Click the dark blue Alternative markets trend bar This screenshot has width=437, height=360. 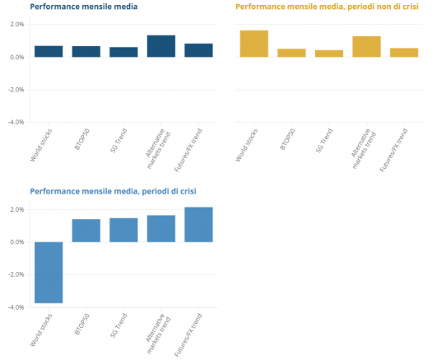pyautogui.click(x=161, y=46)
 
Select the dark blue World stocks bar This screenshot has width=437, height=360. pyautogui.click(x=49, y=51)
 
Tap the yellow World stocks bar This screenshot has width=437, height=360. pyautogui.click(x=254, y=44)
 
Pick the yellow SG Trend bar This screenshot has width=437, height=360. pyautogui.click(x=329, y=54)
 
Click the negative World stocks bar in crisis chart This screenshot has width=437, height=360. pyautogui.click(x=49, y=273)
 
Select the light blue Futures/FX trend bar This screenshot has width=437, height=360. pyautogui.click(x=198, y=224)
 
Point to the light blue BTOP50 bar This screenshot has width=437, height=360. pyautogui.click(x=86, y=231)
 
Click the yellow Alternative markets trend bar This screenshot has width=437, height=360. pyautogui.click(x=366, y=47)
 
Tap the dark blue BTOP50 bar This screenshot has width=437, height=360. pyautogui.click(x=86, y=52)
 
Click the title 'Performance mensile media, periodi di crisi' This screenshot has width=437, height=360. pyautogui.click(x=113, y=191)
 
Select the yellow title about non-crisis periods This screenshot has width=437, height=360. pyautogui.click(x=327, y=7)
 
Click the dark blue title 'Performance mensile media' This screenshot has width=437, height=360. pyautogui.click(x=84, y=7)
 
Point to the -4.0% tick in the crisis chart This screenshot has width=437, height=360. pyautogui.click(x=16, y=307)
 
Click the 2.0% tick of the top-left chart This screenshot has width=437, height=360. pyautogui.click(x=17, y=24)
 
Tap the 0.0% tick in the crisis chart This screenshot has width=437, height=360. pyautogui.click(x=17, y=242)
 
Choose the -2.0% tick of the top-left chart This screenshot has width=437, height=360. pyautogui.click(x=16, y=90)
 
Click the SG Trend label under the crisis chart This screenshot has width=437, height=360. pyautogui.click(x=119, y=325)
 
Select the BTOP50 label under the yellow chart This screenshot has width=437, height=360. pyautogui.click(x=287, y=139)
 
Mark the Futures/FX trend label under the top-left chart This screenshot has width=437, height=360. pyautogui.click(x=188, y=150)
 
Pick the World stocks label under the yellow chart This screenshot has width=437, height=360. pyautogui.click(x=246, y=145)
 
